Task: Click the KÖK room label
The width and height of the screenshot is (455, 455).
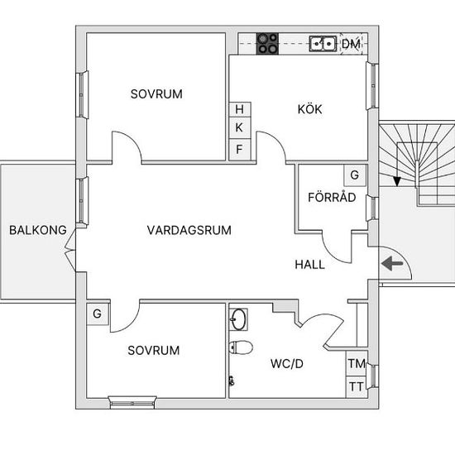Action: click(309, 109)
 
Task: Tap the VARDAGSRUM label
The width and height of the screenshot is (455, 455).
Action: click(189, 230)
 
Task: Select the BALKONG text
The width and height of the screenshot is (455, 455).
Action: click(38, 230)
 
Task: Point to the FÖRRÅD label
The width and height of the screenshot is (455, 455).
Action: click(332, 197)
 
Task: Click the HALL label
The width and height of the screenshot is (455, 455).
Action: click(309, 265)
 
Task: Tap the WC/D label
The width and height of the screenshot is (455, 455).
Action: click(287, 364)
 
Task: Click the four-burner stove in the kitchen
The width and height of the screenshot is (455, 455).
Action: click(267, 44)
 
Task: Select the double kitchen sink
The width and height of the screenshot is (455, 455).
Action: click(323, 44)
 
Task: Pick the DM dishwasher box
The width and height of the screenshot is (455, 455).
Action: click(352, 44)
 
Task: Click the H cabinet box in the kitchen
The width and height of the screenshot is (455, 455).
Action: click(240, 109)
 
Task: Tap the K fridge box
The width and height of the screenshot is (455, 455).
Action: click(240, 127)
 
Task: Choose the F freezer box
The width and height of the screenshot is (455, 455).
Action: click(240, 150)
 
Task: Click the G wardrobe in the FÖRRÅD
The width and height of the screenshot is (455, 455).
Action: click(355, 175)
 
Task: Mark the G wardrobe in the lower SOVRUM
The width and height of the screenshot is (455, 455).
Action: click(98, 314)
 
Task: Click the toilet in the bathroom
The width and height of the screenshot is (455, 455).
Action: click(240, 347)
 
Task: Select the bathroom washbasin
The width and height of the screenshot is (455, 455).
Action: click(238, 319)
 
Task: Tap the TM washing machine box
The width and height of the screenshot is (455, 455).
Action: click(357, 364)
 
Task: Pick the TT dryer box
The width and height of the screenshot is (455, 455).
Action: click(357, 387)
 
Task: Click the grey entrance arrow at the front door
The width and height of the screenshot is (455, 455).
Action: click(392, 263)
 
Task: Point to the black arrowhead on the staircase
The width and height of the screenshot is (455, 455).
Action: click(396, 182)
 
